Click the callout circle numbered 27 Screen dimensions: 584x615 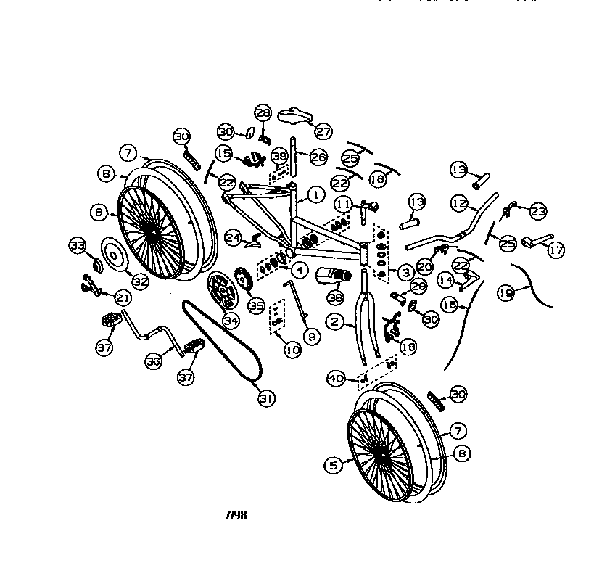pos(323,131)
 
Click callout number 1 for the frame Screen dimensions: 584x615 pos(315,194)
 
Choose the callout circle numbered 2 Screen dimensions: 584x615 pos(334,321)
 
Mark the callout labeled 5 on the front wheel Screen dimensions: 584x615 pos(333,465)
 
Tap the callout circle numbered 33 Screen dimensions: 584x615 pos(78,244)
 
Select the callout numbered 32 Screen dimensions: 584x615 pos(140,281)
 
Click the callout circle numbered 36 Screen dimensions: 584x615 pos(153,362)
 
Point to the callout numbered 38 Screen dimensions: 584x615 pos(336,297)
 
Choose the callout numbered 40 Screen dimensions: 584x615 pos(336,378)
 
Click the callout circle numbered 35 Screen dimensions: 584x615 pos(256,305)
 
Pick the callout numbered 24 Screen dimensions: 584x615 pos(233,237)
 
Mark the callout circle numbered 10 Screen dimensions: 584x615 pos(293,350)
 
